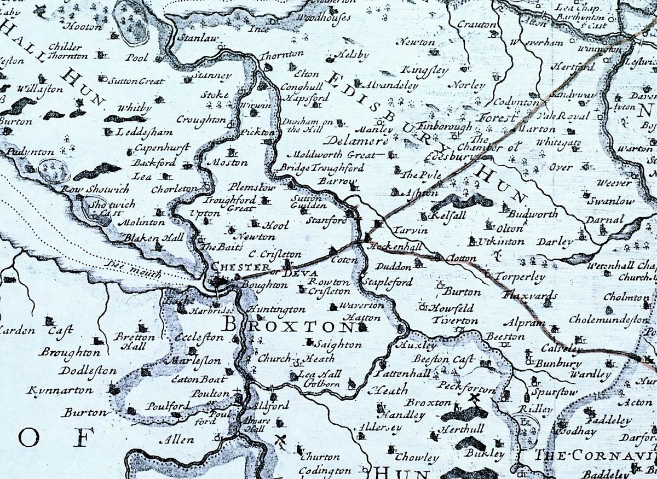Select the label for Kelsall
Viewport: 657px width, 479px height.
pyautogui.click(x=448, y=215)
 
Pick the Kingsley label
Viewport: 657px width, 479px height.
pyautogui.click(x=424, y=70)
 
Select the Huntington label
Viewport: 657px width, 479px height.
pyautogui.click(x=276, y=309)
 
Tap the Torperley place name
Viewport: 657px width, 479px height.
pyautogui.click(x=520, y=277)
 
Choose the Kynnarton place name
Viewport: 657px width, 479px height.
pyautogui.click(x=60, y=391)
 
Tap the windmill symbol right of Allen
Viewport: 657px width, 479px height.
pyautogui.click(x=282, y=439)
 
